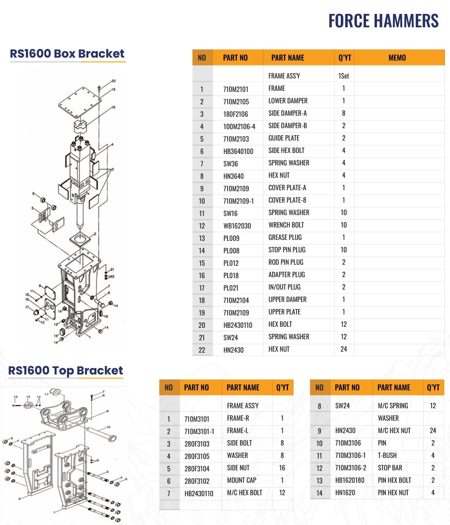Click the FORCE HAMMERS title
383,21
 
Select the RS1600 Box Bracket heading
67,54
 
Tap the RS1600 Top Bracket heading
66,371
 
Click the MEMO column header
397,58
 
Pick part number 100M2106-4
239,127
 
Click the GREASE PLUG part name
285,237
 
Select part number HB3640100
238,151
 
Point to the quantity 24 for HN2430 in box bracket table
344,349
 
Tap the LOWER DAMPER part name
288,101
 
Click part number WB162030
237,226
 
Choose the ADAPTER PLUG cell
287,275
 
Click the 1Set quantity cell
344,76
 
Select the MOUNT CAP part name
241,480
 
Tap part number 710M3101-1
199,432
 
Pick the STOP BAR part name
390,468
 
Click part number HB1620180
350,480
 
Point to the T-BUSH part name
387,455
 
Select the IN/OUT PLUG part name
285,287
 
